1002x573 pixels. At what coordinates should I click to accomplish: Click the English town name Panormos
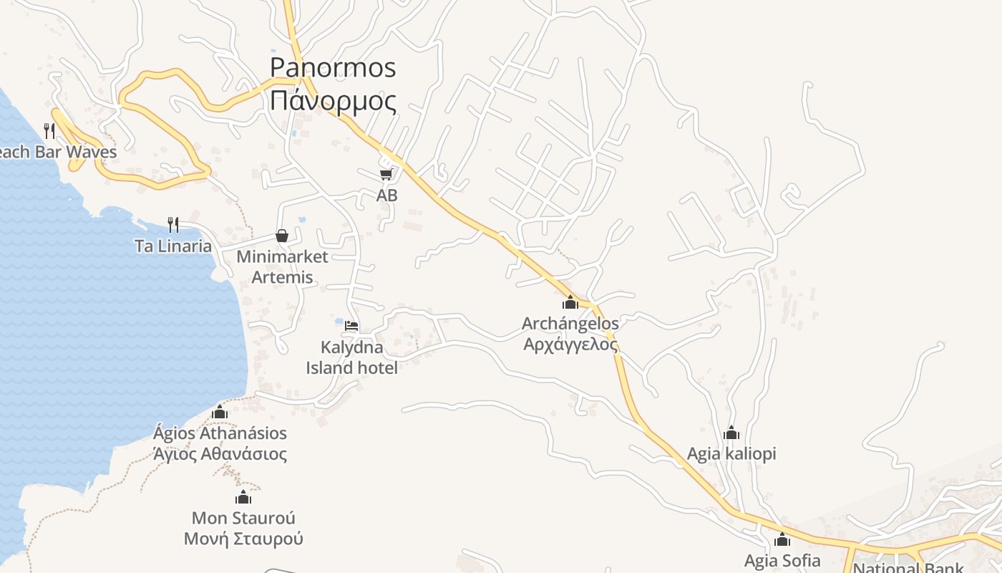(x=332, y=67)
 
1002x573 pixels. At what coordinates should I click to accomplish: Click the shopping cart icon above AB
(x=386, y=174)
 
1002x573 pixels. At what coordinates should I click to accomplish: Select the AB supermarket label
(x=386, y=195)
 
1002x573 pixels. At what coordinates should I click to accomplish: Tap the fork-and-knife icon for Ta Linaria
(x=172, y=225)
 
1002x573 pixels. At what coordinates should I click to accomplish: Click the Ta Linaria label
(x=173, y=246)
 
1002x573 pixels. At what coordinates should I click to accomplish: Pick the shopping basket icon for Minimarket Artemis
(x=282, y=236)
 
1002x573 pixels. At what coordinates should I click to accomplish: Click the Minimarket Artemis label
(x=282, y=266)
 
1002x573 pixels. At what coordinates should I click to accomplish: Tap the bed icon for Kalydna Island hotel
(x=351, y=326)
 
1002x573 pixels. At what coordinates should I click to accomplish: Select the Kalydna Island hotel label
(x=351, y=357)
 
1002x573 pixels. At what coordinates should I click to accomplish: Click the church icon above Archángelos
(x=570, y=302)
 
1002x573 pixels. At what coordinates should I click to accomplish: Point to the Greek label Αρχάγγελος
(x=570, y=344)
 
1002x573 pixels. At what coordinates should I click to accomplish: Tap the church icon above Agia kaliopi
(x=731, y=433)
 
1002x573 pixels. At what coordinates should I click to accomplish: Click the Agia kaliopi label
(x=731, y=453)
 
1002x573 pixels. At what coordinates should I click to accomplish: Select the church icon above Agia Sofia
(x=782, y=539)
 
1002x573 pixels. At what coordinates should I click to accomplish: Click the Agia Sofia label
(x=782, y=560)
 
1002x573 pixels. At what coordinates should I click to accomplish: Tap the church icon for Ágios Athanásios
(x=220, y=412)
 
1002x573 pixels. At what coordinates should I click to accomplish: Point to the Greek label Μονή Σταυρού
(x=243, y=539)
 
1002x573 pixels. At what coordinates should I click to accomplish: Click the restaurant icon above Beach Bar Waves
(x=49, y=130)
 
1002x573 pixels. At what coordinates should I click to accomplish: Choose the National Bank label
(x=908, y=567)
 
